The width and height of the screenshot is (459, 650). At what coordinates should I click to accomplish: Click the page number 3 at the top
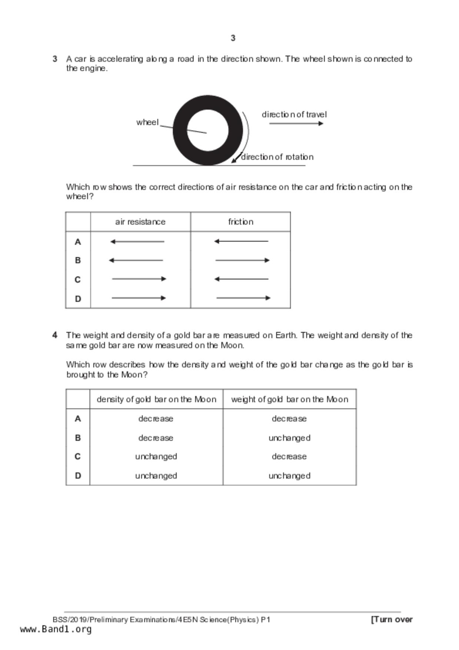(233, 38)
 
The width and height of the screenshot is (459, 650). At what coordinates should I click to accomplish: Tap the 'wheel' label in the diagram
(147, 122)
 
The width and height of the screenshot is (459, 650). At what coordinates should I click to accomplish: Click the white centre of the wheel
(207, 130)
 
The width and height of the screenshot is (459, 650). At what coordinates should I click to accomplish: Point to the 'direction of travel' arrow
(296, 123)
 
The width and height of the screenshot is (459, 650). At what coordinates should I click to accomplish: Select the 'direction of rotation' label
(277, 157)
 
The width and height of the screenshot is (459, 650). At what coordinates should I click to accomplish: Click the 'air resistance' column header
(140, 222)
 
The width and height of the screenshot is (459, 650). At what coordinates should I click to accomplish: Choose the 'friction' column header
(240, 222)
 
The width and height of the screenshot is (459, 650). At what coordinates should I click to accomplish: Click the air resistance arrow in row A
(137, 242)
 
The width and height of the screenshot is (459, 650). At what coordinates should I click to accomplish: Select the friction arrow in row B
(242, 260)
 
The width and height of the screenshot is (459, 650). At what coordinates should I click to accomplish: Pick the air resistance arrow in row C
(139, 279)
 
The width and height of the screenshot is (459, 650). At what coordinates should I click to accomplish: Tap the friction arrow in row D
(243, 298)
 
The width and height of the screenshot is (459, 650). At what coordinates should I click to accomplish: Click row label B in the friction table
(78, 261)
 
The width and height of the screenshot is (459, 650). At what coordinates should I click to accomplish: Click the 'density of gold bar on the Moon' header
(156, 399)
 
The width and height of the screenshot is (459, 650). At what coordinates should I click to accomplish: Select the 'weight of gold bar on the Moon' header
(289, 399)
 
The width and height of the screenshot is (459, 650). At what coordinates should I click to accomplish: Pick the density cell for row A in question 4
(156, 419)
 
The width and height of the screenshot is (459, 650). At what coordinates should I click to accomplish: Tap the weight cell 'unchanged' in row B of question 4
(289, 438)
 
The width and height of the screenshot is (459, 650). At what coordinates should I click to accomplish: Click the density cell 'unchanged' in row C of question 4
(156, 457)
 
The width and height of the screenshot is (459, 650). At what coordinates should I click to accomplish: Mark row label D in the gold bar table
(78, 476)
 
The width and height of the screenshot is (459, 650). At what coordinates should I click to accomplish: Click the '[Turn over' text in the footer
(392, 620)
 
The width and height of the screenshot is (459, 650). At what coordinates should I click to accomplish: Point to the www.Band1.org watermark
(56, 629)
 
